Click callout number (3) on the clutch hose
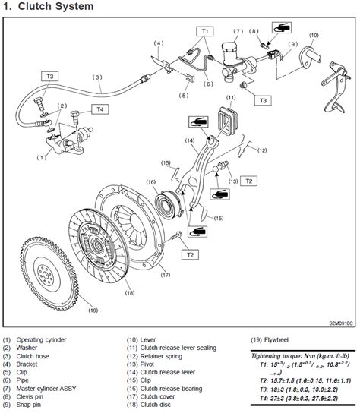click(x=97, y=77)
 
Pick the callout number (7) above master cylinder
click(x=237, y=32)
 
